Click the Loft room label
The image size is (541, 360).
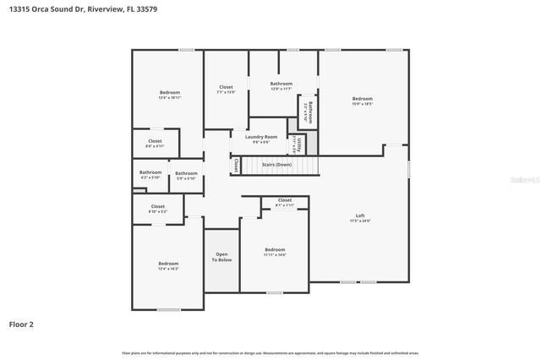click(360, 215)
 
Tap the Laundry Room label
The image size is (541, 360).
click(261, 137)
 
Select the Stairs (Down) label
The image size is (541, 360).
click(276, 164)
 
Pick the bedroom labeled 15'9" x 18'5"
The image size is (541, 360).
click(362, 101)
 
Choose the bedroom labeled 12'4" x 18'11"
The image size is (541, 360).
click(169, 95)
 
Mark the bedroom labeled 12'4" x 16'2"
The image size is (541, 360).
click(168, 266)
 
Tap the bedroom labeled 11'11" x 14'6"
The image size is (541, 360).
click(275, 252)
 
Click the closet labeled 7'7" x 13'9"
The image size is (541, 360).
click(226, 89)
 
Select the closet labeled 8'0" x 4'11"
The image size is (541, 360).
click(155, 143)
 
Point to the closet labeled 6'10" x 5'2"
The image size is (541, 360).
click(158, 208)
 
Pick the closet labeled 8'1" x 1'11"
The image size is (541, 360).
click(284, 202)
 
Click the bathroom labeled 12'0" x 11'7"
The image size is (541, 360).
click(281, 85)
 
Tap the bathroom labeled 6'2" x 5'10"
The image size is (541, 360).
click(150, 175)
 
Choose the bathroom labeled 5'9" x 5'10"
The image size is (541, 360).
click(186, 176)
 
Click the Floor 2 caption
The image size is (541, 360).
click(22, 324)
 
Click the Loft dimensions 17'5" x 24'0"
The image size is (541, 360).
click(360, 221)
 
